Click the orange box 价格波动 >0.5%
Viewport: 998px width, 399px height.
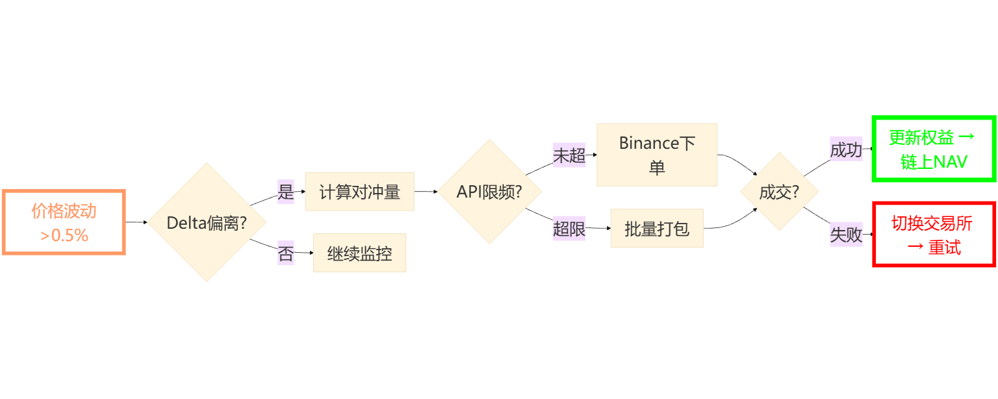(x=64, y=222)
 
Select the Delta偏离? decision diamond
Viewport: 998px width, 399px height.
(x=207, y=222)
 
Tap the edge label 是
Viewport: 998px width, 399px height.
(x=286, y=192)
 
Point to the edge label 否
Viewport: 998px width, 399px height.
(x=286, y=253)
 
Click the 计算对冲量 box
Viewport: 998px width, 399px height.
(x=359, y=192)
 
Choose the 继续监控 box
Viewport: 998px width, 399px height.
(x=359, y=253)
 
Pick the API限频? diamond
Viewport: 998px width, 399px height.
(x=490, y=192)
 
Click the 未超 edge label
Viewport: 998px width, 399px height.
(x=569, y=155)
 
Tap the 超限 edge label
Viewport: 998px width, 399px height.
(x=569, y=229)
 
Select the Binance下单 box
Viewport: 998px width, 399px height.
(x=656, y=155)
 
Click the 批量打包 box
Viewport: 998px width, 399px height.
(x=656, y=229)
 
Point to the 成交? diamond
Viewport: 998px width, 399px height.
(x=779, y=192)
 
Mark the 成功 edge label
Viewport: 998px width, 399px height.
(x=846, y=150)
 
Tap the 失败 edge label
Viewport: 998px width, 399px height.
(x=846, y=235)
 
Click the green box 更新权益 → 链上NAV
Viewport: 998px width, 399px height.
(x=934, y=149)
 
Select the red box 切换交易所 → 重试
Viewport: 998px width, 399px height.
(x=934, y=235)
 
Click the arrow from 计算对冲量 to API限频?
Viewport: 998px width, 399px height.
(x=426, y=192)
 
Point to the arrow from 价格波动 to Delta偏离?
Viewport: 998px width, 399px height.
(x=136, y=222)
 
